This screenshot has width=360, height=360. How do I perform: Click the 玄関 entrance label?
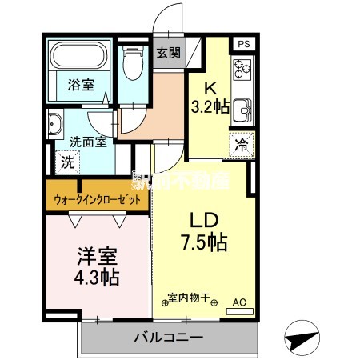pos(168,53)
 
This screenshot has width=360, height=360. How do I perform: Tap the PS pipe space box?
pos(242,45)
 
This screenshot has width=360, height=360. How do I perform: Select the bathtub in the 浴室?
pos(78,58)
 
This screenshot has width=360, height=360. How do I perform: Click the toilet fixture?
pos(133,65)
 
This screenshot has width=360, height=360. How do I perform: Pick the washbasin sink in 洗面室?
pos(55,124)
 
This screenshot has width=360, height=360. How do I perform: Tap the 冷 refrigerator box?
pos(240,145)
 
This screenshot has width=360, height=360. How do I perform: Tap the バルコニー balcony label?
pos(167,338)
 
